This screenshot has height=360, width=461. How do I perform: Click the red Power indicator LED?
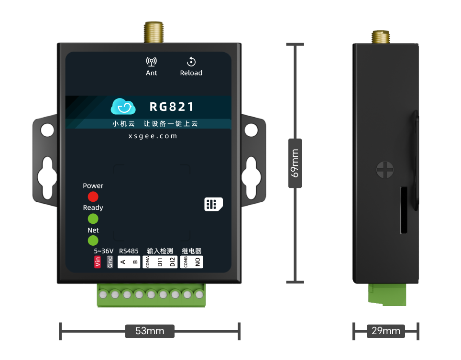point(93,196)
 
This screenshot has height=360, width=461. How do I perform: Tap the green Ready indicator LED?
point(93,218)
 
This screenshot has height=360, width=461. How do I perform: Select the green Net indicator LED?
point(93,240)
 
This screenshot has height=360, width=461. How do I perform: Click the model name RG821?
point(172,107)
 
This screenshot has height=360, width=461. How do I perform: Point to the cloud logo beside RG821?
point(123,107)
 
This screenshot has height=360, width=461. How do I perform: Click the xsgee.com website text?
point(153,136)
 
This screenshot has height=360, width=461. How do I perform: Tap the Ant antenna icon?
point(152,62)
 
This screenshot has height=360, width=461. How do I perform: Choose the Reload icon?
point(191,62)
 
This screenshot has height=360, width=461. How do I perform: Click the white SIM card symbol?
point(213,204)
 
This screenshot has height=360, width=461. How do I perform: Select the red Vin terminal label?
point(98,262)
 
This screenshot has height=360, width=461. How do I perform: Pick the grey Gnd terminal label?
point(110,262)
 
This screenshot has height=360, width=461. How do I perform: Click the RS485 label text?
point(129,251)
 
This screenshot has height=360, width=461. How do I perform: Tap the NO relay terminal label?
point(197,262)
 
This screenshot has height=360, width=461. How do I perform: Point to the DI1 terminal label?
point(160,262)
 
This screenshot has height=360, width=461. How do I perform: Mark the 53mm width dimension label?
point(149,331)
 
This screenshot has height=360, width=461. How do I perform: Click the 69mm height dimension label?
point(295,163)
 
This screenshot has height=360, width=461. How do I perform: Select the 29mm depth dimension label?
point(385,331)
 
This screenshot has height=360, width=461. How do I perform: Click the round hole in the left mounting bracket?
point(47,130)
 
